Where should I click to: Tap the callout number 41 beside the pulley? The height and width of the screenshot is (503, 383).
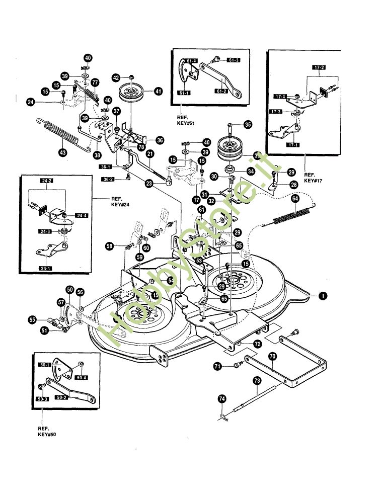[x=158, y=92]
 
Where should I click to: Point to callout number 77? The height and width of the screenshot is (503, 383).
[x=95, y=82]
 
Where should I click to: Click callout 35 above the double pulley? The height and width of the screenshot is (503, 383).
[x=247, y=125]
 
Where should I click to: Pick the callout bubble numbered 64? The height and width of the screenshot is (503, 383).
[x=295, y=199]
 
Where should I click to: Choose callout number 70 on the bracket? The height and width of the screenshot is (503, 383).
[x=272, y=356]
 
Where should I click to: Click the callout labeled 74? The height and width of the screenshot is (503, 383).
[x=222, y=398]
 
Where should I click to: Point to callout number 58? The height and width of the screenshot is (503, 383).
[x=109, y=246]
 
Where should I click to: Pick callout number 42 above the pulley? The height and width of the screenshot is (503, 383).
[x=116, y=78]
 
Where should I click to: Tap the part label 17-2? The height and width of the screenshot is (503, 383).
[x=319, y=67]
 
